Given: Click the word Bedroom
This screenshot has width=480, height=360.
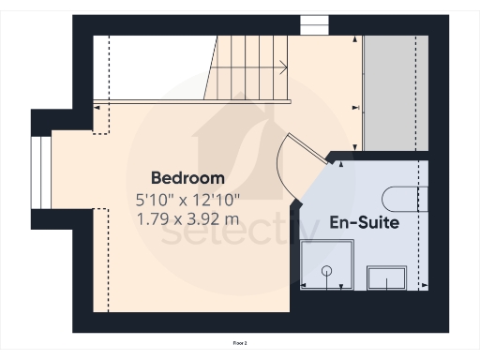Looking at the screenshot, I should [187, 177].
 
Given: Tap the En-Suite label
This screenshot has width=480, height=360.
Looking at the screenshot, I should [364, 223].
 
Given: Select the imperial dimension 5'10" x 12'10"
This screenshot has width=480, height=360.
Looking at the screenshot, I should [187, 199].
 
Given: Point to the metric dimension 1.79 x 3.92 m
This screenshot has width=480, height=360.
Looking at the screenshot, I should [187, 219].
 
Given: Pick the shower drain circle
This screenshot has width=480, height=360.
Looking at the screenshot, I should [327, 271].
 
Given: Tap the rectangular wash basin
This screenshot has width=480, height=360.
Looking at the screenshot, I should [386, 277].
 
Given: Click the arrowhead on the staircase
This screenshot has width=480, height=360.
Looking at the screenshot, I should [283, 67].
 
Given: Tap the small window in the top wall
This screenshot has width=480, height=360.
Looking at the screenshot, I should [311, 24].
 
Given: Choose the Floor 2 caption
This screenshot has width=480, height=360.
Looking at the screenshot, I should [240, 343].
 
